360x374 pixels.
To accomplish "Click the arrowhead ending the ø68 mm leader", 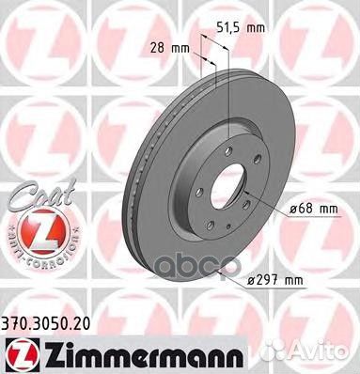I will [x=246, y=195].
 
